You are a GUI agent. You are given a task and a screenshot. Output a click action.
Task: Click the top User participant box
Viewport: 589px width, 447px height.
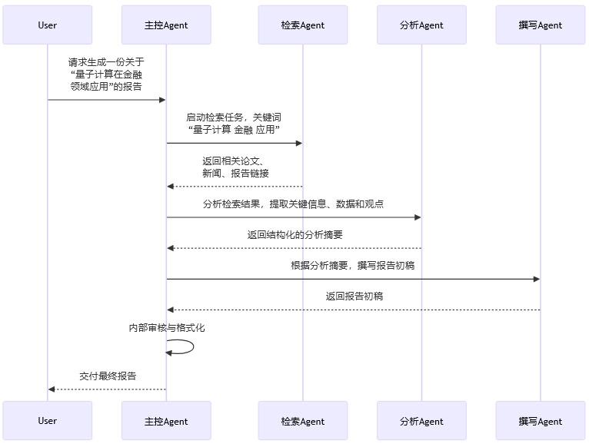click(47, 25)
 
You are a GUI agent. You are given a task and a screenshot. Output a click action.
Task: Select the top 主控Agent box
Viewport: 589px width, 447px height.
click(166, 25)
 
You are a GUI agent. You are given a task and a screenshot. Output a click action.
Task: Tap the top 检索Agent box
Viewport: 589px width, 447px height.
click(302, 25)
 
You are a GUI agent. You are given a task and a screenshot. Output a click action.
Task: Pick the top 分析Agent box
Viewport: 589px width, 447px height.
click(421, 25)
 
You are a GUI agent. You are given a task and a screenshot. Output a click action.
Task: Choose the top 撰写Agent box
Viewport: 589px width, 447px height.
click(541, 25)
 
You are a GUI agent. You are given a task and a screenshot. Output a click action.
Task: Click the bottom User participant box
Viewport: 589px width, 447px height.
click(47, 421)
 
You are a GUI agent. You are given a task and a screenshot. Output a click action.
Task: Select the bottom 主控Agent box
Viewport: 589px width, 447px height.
click(166, 421)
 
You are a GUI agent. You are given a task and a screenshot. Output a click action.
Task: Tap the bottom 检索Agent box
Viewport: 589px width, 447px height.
click(302, 421)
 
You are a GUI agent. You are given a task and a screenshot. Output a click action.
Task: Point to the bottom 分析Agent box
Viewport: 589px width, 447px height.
click(421, 421)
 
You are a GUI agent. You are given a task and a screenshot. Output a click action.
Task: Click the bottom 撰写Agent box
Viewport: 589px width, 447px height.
click(541, 421)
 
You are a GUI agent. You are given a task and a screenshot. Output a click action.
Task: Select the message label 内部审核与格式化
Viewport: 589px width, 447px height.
click(166, 328)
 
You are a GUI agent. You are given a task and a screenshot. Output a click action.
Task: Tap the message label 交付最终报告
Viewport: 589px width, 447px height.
click(108, 376)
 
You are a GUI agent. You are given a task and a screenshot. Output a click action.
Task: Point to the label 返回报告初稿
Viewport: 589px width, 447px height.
click(354, 296)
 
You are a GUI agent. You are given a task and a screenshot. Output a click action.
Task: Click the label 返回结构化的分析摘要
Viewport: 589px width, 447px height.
click(294, 235)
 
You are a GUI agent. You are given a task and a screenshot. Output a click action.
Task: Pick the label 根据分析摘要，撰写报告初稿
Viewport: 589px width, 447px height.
click(353, 265)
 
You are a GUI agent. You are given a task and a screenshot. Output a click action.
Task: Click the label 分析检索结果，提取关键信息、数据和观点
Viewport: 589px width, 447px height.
click(293, 204)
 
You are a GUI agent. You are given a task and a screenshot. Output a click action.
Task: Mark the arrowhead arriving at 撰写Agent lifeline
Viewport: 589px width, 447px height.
click(536, 279)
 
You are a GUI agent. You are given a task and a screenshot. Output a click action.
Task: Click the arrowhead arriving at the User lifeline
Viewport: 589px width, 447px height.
click(52, 389)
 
